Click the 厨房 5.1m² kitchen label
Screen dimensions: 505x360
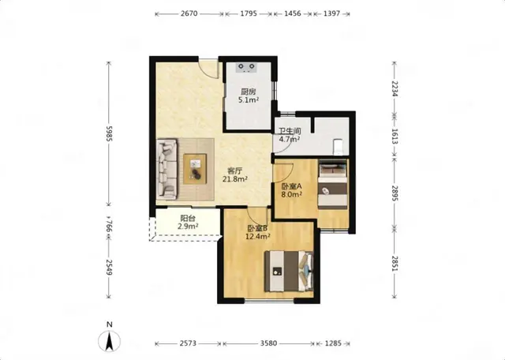(249, 96)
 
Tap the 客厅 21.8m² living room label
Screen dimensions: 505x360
(235, 174)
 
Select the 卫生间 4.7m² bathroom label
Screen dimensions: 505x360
(290, 135)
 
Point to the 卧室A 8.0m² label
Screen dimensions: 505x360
(291, 190)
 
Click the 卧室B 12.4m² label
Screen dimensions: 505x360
(258, 232)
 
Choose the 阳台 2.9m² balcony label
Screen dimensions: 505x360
(188, 223)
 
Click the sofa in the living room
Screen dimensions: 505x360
(166, 169)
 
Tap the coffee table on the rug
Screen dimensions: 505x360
(195, 169)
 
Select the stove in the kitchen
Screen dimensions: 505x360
(247, 67)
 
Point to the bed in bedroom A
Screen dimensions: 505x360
(333, 186)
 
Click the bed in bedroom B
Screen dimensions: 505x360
(289, 272)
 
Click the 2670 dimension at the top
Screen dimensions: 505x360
(189, 14)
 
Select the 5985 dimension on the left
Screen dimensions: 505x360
(109, 133)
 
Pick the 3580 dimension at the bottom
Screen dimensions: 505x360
(268, 343)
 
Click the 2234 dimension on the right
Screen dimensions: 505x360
(395, 88)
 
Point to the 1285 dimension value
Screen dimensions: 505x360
(333, 343)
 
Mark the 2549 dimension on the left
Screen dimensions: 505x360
(109, 268)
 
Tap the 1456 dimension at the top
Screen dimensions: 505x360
(293, 14)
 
